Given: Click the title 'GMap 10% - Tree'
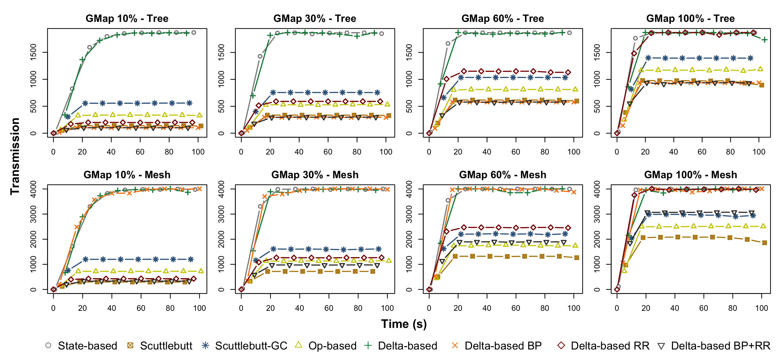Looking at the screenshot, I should click(x=127, y=19).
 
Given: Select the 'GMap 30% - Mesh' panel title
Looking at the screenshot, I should click(x=315, y=175).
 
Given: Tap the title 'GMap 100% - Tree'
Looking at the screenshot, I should click(x=690, y=19).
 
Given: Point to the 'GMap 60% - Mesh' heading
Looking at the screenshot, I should click(x=502, y=175).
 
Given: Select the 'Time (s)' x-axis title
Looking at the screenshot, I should click(x=403, y=324).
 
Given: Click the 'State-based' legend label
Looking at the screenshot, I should click(x=88, y=346).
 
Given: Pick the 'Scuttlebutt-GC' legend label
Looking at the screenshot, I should click(x=251, y=346).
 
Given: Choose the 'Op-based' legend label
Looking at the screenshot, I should click(x=332, y=346).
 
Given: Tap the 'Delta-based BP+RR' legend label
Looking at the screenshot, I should click(x=720, y=346).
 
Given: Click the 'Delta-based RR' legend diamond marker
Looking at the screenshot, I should click(x=561, y=346).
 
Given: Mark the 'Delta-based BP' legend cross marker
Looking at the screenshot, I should click(x=455, y=346).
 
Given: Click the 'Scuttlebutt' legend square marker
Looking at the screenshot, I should click(x=130, y=346).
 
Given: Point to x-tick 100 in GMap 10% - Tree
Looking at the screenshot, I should click(x=198, y=152).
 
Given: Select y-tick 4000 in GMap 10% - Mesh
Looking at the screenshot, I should click(x=34, y=189).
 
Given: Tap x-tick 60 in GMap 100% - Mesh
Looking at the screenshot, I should click(x=703, y=308).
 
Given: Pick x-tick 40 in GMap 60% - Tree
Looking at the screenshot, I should click(x=487, y=152).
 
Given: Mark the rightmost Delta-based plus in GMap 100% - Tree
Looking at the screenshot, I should click(x=765, y=40).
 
